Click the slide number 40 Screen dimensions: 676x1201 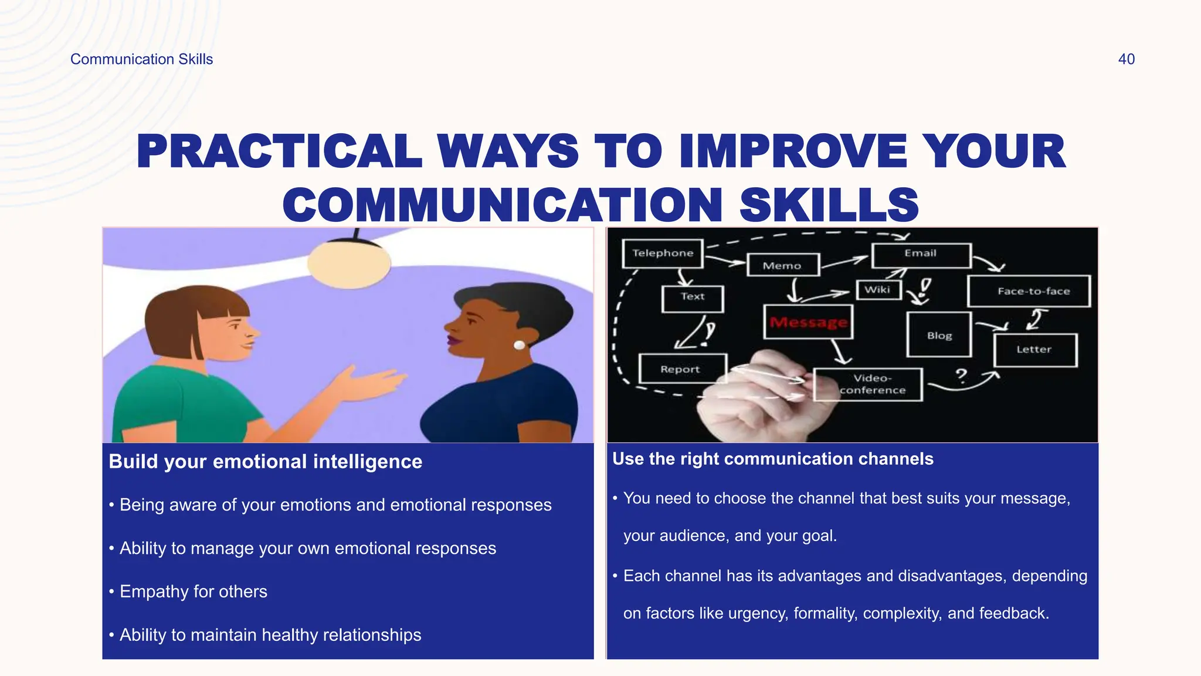coord(1126,59)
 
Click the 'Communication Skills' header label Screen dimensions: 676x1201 coord(141,59)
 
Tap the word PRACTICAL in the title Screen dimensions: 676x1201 coord(279,151)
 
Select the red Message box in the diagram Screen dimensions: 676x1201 coord(808,322)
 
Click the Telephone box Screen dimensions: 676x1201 coord(663,253)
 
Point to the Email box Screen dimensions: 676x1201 coord(921,254)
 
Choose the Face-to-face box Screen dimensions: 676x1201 coord(1029,291)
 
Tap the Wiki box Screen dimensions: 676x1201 coord(878,290)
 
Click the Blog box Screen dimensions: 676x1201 coord(939,335)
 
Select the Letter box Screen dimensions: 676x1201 coord(1035,350)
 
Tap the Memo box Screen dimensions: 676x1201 coord(782,266)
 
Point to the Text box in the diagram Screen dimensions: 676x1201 coord(693,298)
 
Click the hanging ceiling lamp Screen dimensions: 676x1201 coord(350,262)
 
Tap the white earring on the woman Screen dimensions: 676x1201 coord(519,345)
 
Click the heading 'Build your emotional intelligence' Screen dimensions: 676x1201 coord(265,462)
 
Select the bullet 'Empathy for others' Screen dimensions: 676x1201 coord(193,591)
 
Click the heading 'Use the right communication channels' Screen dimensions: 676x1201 coord(772,459)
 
